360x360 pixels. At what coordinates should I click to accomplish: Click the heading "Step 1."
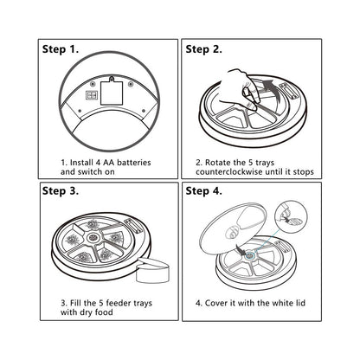(61, 49)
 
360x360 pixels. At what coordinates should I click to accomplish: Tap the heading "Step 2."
(203, 49)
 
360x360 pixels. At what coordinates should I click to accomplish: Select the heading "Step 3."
(61, 190)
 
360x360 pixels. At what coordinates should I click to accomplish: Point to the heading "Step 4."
(203, 190)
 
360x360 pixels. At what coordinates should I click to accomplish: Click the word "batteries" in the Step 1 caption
(134, 163)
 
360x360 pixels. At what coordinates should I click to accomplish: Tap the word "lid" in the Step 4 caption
(300, 303)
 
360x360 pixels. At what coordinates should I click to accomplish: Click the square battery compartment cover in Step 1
(112, 93)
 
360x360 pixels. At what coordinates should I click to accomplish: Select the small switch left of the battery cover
(92, 95)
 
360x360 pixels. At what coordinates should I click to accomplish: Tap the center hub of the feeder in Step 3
(93, 237)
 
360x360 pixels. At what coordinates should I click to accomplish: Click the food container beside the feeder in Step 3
(152, 270)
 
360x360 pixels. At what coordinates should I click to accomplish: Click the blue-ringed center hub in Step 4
(249, 255)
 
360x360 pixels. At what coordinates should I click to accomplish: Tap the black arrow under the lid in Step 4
(241, 247)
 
